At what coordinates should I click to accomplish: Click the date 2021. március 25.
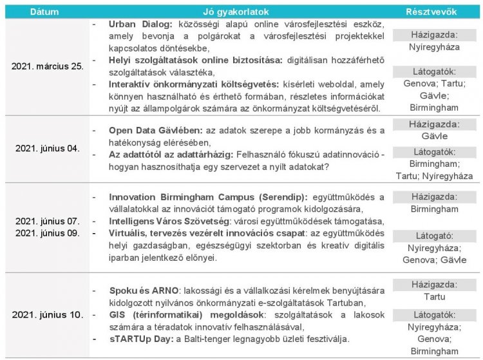(48, 66)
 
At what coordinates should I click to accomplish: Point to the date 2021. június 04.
(48, 149)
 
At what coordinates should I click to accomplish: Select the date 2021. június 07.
(48, 220)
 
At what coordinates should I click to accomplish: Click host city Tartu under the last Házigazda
(433, 297)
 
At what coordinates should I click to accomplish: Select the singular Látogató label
(433, 236)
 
